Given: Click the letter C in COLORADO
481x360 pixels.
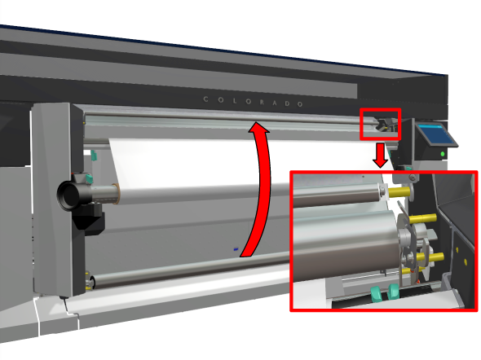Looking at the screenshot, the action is point(205,99).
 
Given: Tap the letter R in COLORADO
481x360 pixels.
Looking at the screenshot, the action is point(262,102).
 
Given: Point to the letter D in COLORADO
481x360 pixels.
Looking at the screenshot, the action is point(287,103).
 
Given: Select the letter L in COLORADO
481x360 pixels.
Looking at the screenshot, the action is point(235,100).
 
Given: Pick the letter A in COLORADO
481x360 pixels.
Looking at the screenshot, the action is point(275,103).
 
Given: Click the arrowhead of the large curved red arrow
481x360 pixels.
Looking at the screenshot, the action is point(258,126).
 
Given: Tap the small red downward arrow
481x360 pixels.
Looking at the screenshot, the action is point(381,156).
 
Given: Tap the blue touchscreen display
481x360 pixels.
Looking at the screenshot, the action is point(435,135).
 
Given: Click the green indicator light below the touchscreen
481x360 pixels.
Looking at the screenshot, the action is point(443,154).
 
